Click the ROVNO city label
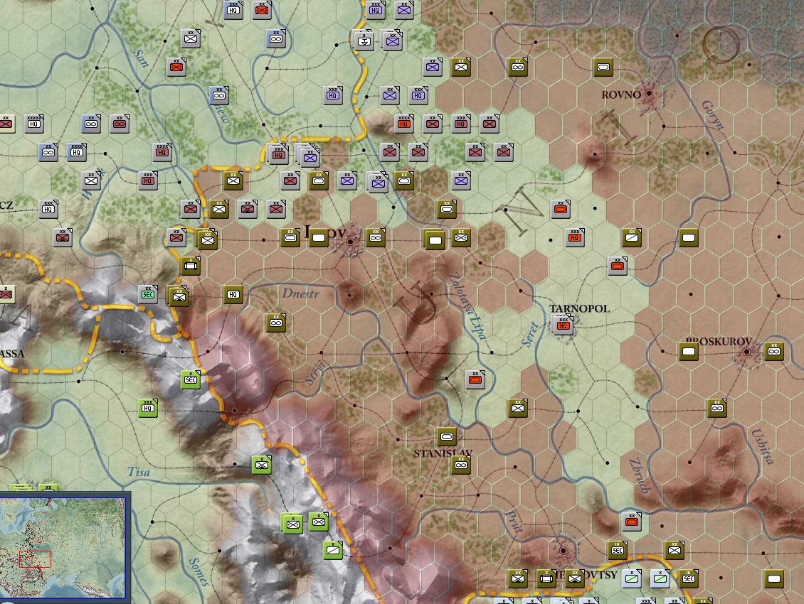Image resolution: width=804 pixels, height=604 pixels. [621, 95]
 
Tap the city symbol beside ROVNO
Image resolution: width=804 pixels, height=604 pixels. [649, 94]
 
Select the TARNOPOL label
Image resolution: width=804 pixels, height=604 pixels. [580, 308]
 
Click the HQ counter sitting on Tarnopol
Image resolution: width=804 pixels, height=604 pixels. [564, 325]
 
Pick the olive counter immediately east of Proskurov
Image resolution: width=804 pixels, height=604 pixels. [773, 351]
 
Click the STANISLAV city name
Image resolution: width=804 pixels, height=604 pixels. [443, 453]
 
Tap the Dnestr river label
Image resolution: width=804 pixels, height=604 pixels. [300, 293]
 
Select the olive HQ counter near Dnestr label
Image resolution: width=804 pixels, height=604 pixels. [233, 294]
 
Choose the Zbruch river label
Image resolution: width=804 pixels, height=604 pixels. [639, 475]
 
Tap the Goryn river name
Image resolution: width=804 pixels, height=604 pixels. [712, 114]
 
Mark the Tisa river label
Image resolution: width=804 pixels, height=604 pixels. [139, 471]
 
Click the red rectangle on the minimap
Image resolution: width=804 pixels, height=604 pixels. [35, 559]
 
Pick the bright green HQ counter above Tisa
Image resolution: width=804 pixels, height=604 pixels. [148, 408]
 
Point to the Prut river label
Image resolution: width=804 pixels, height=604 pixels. [514, 522]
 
